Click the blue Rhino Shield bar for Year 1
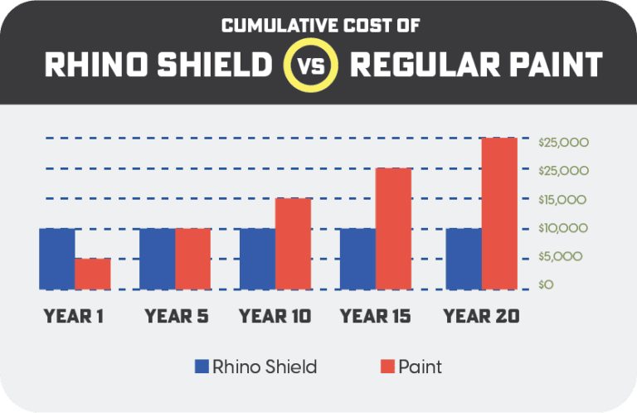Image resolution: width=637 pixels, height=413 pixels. (x=56, y=259)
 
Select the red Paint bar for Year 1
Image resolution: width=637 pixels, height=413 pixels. (x=92, y=274)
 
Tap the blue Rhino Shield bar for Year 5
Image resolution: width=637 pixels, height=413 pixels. (x=157, y=259)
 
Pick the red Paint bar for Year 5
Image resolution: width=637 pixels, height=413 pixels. (x=192, y=259)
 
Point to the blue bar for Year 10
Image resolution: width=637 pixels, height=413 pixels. (x=257, y=259)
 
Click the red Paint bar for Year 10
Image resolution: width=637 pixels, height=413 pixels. (x=293, y=244)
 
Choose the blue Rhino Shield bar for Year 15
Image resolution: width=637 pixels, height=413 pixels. (x=357, y=259)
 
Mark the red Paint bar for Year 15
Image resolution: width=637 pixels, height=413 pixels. (x=393, y=229)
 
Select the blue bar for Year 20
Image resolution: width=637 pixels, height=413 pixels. (x=463, y=259)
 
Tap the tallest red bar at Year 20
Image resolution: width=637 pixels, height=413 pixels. (x=499, y=213)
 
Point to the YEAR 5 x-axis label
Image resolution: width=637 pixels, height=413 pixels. (x=176, y=316)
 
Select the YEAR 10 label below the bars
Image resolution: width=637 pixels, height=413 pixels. (x=275, y=316)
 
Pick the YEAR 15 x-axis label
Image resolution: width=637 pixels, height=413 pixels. (x=376, y=316)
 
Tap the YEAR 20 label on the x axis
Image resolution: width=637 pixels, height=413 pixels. (x=481, y=316)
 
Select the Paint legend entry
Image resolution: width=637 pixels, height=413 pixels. (x=411, y=366)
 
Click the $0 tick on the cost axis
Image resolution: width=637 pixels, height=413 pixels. (x=544, y=285)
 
